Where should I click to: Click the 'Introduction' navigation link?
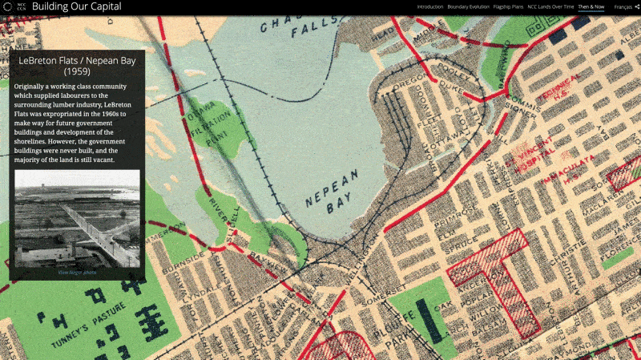(x=430, y=6)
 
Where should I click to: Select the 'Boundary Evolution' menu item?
(x=468, y=6)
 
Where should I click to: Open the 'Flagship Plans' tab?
(x=508, y=6)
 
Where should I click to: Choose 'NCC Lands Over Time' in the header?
(x=550, y=6)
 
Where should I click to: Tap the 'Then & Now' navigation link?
(x=591, y=6)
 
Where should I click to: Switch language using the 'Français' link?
(x=622, y=6)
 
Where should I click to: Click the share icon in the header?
(x=636, y=6)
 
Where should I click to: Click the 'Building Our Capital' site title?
(x=77, y=6)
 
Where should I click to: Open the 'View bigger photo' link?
(x=77, y=273)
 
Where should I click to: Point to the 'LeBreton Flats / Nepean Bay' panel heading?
(x=77, y=65)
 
